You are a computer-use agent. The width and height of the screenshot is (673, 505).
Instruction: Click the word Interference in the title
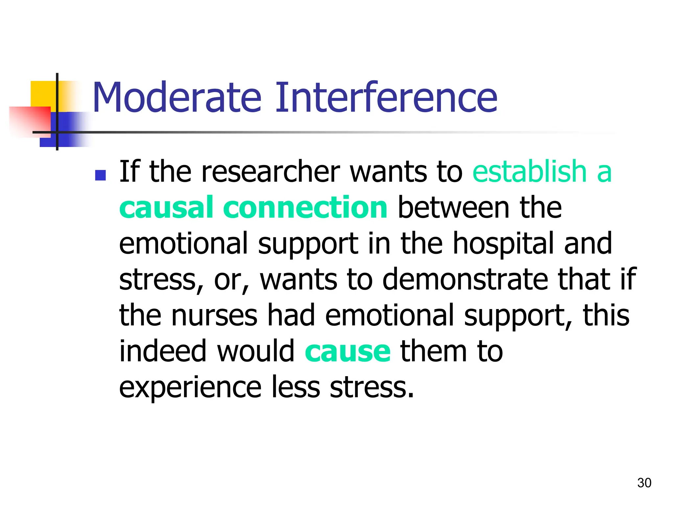[386, 98]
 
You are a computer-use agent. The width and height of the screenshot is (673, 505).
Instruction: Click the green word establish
[529, 171]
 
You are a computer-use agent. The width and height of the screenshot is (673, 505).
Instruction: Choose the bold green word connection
[305, 207]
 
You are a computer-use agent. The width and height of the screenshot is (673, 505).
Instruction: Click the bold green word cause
[348, 351]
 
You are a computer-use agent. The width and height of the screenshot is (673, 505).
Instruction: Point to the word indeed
[163, 351]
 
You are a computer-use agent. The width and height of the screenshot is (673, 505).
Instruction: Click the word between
[453, 207]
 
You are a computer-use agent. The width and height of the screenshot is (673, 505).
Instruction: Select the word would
[256, 351]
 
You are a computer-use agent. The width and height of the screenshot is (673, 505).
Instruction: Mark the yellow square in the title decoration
[43, 93]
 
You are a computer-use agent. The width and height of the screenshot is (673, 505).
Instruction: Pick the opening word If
[129, 171]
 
